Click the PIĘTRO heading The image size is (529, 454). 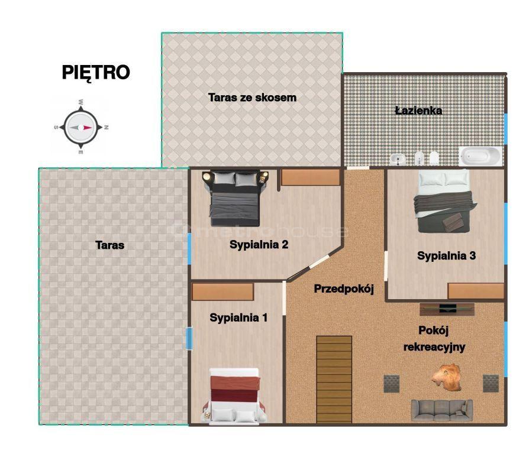(96, 73)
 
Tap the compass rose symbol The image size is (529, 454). (81, 128)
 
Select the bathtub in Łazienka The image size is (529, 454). (480, 156)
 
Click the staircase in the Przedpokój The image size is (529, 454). (334, 379)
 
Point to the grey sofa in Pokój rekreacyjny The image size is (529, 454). (441, 410)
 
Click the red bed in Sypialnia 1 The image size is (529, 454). (234, 395)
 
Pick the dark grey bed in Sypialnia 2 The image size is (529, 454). (235, 198)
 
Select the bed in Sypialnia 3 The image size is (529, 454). (444, 201)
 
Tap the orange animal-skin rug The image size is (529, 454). (447, 378)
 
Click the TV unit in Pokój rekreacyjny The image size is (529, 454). (447, 309)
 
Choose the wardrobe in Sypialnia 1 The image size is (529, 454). (222, 291)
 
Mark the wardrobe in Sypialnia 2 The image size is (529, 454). (311, 177)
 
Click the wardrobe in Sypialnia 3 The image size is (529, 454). (476, 291)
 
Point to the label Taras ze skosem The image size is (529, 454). (252, 98)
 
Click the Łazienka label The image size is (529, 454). (418, 110)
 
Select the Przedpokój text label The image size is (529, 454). (344, 289)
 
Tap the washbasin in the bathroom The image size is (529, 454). (398, 159)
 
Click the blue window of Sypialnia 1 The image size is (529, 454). (189, 338)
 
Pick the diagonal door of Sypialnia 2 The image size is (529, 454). (319, 262)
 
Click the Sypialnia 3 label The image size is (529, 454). (446, 256)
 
